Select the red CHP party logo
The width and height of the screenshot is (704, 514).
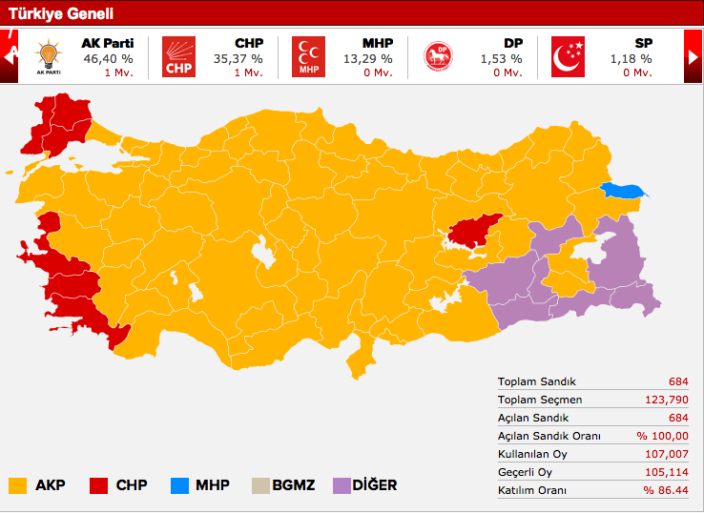tap(177, 57)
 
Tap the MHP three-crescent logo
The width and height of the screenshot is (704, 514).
tap(308, 57)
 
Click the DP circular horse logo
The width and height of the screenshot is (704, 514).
tap(438, 57)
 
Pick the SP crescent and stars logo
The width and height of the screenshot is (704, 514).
tap(569, 57)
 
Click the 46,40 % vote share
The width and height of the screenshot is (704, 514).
tap(110, 58)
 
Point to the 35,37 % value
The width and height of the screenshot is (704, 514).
tap(238, 58)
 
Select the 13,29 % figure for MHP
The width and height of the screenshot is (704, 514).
tap(368, 58)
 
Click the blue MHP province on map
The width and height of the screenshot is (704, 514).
tap(622, 191)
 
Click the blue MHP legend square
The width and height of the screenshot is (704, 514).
tap(178, 485)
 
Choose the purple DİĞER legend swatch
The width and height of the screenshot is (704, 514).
tap(342, 485)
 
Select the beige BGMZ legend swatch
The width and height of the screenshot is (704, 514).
tap(260, 485)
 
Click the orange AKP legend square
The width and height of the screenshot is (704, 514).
tap(17, 485)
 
